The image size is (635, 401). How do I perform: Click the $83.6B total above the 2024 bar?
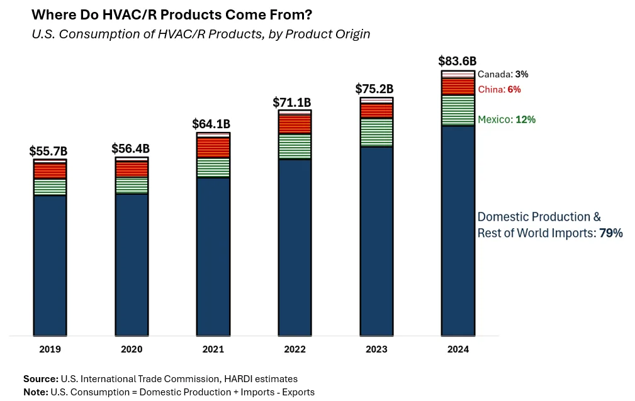click(458, 61)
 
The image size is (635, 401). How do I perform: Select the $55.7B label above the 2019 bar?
click(48, 151)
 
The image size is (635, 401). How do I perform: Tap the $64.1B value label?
click(211, 124)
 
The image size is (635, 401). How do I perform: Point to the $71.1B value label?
click(293, 102)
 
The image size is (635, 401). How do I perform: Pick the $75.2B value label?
click(375, 88)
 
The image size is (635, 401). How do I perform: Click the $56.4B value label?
click(130, 148)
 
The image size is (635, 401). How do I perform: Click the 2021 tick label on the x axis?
click(213, 349)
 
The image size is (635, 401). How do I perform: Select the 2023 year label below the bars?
click(376, 349)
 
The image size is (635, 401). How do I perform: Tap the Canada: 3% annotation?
click(503, 74)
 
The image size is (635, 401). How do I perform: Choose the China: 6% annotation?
click(500, 89)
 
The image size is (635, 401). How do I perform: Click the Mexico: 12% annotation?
click(507, 119)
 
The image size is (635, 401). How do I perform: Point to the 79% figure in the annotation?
click(611, 233)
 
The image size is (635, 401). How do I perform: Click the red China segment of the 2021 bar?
click(213, 147)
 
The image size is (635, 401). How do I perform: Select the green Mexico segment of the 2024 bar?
click(458, 110)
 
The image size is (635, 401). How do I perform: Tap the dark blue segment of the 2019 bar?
click(50, 264)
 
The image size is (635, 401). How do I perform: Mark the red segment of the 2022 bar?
click(295, 124)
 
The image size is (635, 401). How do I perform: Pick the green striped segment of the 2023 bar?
click(376, 132)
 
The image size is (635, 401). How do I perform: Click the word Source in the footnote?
click(40, 379)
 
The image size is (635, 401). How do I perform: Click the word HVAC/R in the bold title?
click(126, 14)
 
